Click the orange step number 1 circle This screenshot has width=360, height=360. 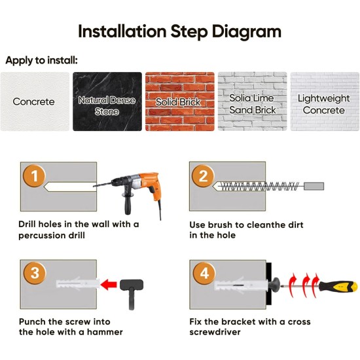34,175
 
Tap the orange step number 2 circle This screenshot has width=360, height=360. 203,176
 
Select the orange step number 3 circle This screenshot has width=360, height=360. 35,273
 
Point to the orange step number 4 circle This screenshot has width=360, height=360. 204,273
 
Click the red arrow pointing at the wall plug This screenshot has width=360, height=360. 109,285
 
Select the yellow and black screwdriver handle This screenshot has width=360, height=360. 338,287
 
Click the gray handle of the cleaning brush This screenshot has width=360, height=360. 314,186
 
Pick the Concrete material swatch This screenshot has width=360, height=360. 35,101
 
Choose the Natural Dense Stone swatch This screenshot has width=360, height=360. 107,101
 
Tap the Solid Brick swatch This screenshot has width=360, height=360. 180,101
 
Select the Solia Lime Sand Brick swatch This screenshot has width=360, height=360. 252,101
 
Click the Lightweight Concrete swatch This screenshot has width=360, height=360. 325,101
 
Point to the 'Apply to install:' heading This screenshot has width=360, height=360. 41,60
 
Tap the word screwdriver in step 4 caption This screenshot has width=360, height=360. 215,333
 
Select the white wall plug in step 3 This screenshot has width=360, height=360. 78,283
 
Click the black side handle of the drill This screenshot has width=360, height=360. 127,203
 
